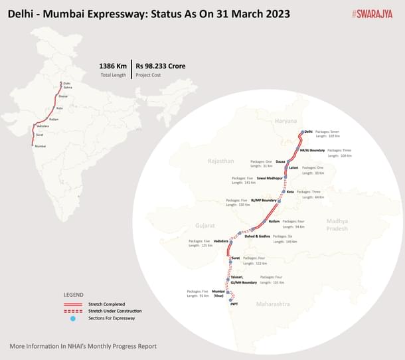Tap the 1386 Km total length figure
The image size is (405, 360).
click(113, 66)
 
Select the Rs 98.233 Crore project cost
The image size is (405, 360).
click(160, 66)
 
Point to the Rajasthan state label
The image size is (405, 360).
click(220, 161)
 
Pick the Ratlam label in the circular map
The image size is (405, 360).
click(274, 221)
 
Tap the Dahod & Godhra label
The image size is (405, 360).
click(258, 236)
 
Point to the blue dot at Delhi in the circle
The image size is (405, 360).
click(301, 132)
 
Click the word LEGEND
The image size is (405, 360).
click(74, 294)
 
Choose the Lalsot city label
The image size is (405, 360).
click(293, 168)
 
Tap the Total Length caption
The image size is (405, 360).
click(113, 75)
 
